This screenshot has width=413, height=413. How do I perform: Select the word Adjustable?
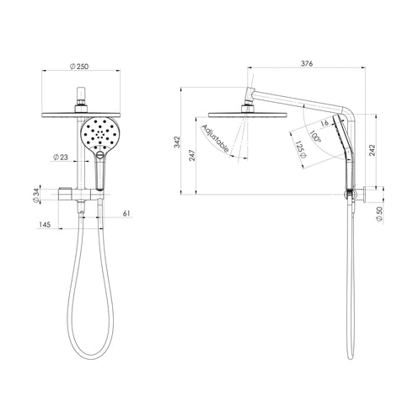[x=216, y=137]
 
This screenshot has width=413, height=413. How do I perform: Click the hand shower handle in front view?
[x=99, y=174]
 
